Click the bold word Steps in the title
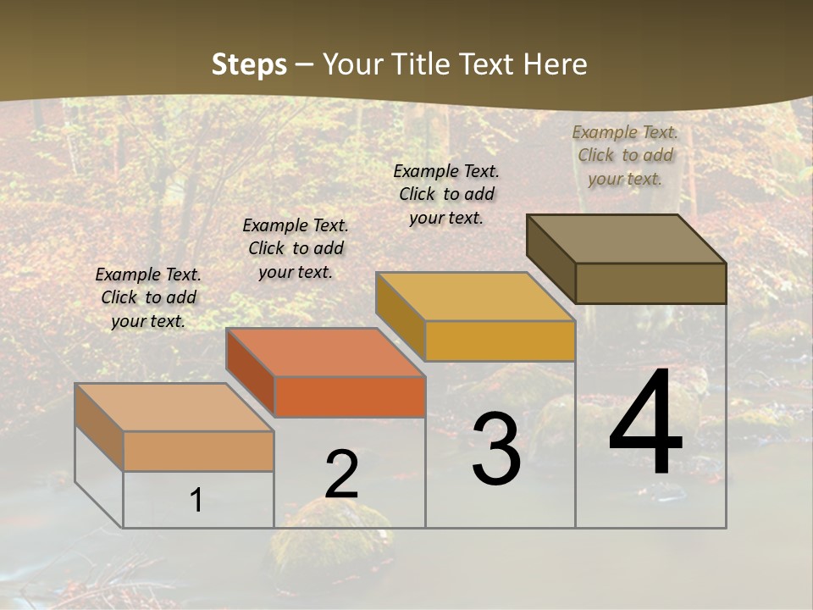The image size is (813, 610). pos(249,64)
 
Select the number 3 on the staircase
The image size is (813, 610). pos(496,449)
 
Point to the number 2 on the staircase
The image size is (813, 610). pos(341,475)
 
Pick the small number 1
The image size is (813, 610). pos(196,501)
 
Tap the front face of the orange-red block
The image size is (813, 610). pos(350,396)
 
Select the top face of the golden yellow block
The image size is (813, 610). pos(475,297)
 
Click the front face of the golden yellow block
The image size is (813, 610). pos(500,341)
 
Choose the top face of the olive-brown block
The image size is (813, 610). pos(626,239)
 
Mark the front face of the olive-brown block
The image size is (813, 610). pos(650,283)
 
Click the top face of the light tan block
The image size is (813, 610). pos(174,408)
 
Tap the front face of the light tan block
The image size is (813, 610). pos(198,451)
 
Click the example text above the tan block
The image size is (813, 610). pos(148,297)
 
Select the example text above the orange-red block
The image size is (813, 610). pos(296,248)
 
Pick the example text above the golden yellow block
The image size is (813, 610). pos(446,194)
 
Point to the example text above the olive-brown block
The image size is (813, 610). pos(625,155)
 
